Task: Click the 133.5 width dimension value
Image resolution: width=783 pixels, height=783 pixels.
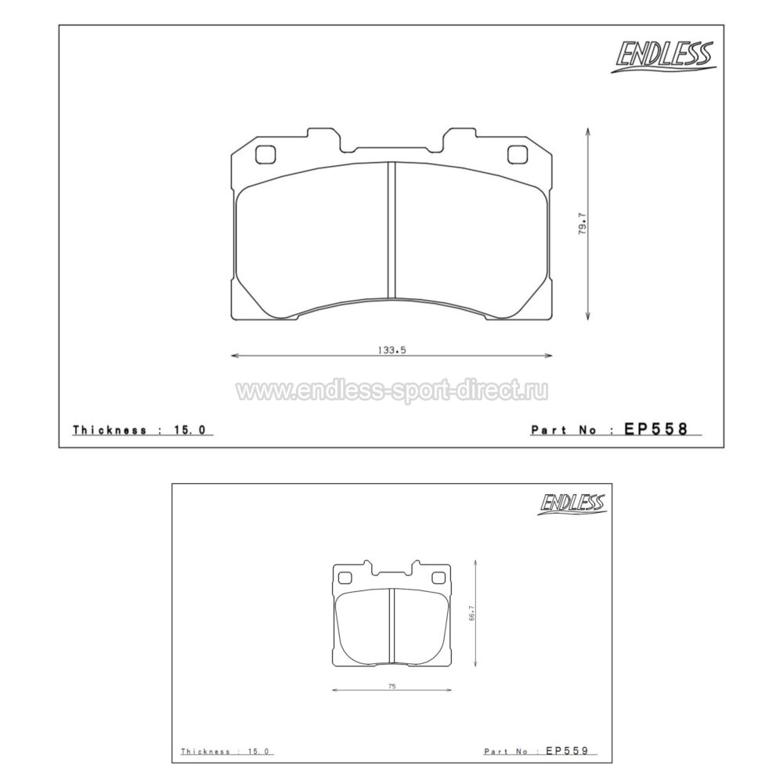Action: (x=392, y=350)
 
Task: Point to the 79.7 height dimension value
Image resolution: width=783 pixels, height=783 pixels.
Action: (x=583, y=224)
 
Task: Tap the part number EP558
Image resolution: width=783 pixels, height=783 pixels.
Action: (x=656, y=428)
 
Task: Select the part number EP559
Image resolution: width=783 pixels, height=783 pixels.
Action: (x=567, y=750)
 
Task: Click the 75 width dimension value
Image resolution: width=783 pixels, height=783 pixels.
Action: (x=392, y=687)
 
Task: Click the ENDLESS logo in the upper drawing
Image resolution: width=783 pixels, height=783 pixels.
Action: (x=664, y=56)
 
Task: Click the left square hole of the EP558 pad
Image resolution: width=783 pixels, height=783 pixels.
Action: (x=265, y=154)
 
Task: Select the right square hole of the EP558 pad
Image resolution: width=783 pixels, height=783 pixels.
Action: (x=518, y=154)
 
